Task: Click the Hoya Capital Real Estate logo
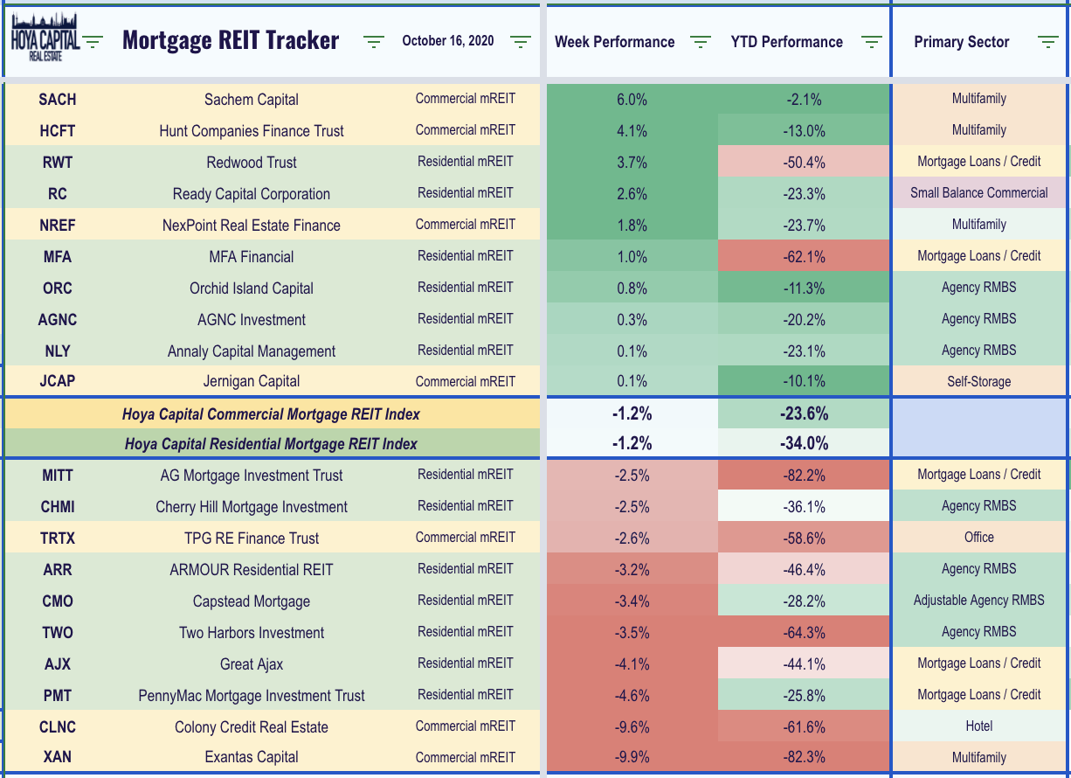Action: tap(45, 38)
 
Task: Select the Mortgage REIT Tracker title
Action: tap(231, 41)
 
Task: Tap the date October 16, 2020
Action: tap(448, 41)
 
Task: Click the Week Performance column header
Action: tap(614, 42)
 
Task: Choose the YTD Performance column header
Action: tap(786, 42)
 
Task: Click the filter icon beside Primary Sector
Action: tap(1047, 42)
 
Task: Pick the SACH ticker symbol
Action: tap(58, 100)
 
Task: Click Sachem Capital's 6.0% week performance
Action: tap(632, 100)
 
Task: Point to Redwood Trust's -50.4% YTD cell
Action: tap(804, 163)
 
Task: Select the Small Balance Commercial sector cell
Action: tap(978, 193)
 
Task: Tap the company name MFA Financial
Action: tap(252, 257)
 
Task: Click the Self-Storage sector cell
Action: tap(978, 381)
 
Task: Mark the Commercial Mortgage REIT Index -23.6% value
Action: tap(804, 413)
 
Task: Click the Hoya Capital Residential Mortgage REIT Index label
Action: tap(271, 443)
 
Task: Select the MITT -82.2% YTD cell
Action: tap(804, 476)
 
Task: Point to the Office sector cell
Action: tap(978, 538)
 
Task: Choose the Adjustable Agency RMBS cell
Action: tap(978, 601)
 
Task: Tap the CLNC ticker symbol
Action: tap(58, 727)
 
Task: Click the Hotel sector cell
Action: tap(978, 726)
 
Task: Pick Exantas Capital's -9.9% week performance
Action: tap(632, 757)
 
